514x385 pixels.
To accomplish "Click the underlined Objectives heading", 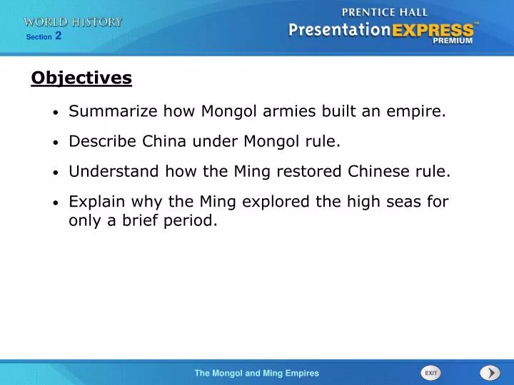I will tap(81, 78).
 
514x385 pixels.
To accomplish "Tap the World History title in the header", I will tap(72, 22).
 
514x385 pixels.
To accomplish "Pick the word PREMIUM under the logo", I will tap(453, 41).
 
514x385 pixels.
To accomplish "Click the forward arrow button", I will tap(489, 373).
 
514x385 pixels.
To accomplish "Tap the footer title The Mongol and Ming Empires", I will tap(257, 373).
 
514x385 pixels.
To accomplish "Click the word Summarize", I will tap(114, 111).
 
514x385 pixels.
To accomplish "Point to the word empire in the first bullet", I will tap(421, 111).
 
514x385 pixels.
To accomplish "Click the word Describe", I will tap(103, 141).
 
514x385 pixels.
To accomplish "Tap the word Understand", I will tap(115, 171).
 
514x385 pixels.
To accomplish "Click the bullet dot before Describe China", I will tap(56, 143).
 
